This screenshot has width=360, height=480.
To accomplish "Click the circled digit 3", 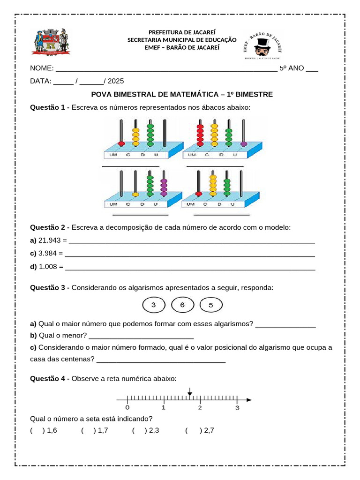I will click(x=153, y=306).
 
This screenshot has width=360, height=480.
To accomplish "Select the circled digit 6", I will click(x=183, y=306).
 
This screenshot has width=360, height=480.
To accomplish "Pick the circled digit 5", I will click(x=211, y=306).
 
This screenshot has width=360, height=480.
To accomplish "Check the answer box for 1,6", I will click(x=37, y=430).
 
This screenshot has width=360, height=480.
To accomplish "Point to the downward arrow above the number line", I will click(x=189, y=392).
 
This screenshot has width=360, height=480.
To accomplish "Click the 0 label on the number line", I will click(x=127, y=408).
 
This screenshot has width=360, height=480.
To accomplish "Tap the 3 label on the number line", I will click(x=237, y=408).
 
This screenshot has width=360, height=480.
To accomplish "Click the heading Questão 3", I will click(x=49, y=287).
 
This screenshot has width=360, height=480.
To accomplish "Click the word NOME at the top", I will click(x=41, y=68).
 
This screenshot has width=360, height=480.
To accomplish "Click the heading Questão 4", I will click(x=49, y=378).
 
